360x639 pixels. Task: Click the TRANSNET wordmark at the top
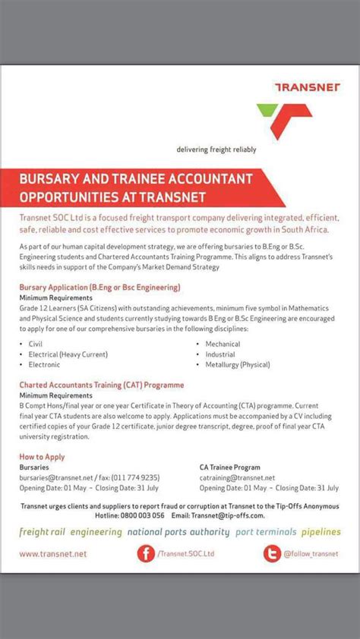coord(308,87)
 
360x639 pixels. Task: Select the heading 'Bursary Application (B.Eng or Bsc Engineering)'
coord(99,287)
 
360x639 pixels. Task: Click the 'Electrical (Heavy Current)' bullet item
coord(68,354)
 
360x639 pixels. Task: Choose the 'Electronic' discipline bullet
coord(44,365)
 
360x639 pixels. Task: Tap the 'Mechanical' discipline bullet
coord(223,344)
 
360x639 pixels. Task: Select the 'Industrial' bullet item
coord(220,354)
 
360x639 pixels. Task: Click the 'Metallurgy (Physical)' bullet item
coord(237,365)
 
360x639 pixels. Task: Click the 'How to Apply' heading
coord(42,457)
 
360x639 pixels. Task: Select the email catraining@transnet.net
coord(237,477)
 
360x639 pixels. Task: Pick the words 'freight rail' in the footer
coord(43,532)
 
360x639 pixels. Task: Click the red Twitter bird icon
coord(271,555)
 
